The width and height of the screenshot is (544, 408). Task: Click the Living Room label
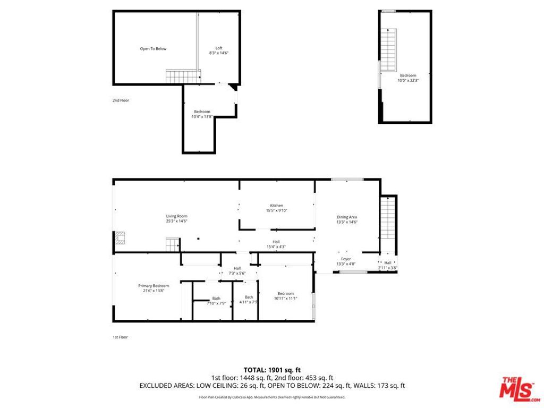coord(177,216)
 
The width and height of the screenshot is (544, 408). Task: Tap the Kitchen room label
coord(276,206)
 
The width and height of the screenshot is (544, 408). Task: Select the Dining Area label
coord(347,217)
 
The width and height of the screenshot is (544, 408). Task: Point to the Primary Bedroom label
coord(153,286)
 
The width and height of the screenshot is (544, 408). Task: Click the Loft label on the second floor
coord(218,48)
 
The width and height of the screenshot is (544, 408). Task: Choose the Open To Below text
coord(153,49)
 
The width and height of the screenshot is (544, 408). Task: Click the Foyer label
coord(346,259)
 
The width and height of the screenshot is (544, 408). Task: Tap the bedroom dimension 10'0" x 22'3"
coord(407,81)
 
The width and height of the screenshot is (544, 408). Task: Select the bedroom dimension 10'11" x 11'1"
coord(285,299)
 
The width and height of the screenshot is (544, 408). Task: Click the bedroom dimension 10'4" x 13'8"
coord(202,116)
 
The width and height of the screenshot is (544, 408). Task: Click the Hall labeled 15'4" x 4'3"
coord(276,246)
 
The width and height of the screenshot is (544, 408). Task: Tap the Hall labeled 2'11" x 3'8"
coord(388,268)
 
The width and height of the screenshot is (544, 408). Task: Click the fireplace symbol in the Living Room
coord(121,238)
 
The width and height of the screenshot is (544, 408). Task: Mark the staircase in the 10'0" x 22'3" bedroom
coord(388,50)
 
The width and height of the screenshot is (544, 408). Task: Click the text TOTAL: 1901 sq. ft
coord(272,370)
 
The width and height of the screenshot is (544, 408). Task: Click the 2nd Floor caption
coord(121,100)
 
